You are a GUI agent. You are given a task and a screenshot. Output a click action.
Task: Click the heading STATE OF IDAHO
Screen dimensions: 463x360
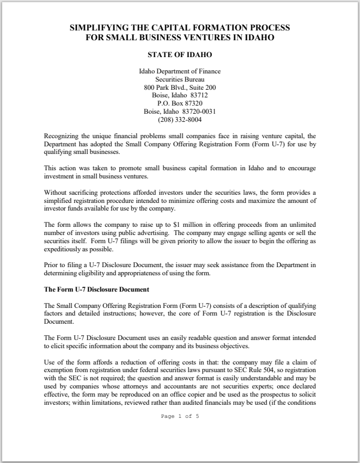coord(180,55)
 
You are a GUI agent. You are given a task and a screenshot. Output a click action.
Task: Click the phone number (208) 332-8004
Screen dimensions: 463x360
coord(180,119)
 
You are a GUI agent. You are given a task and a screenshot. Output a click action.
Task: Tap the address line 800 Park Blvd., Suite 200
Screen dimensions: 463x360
coord(180,88)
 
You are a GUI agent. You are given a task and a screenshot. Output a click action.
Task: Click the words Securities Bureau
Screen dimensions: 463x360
coord(180,79)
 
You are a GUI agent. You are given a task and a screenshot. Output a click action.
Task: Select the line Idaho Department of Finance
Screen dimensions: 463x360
coord(180,71)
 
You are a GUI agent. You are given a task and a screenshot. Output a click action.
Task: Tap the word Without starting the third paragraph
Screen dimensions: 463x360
coord(57,193)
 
